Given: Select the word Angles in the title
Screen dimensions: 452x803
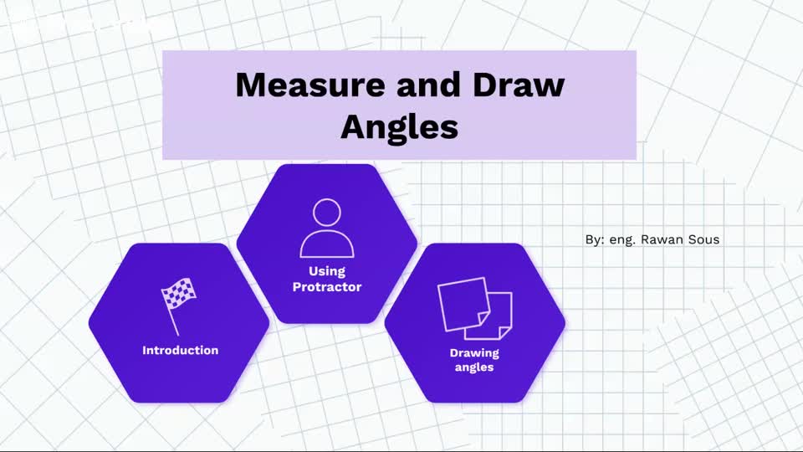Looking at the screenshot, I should [x=400, y=127].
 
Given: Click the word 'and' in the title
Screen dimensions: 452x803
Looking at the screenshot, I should [x=416, y=85].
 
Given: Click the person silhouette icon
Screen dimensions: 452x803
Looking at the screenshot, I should [x=327, y=228].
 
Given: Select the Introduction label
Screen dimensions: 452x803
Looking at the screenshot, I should [x=180, y=350].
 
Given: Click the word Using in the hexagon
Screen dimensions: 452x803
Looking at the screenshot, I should [x=327, y=271].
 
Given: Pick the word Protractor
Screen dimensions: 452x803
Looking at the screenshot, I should [x=327, y=287].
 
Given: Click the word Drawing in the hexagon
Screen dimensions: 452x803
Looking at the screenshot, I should [x=474, y=352].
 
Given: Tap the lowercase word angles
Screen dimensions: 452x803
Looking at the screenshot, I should [x=474, y=367].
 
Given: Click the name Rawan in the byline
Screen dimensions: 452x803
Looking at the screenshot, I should [x=663, y=239].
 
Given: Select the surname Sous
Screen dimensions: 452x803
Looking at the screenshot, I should [x=704, y=239].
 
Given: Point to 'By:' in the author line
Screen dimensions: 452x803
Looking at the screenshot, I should [x=595, y=239].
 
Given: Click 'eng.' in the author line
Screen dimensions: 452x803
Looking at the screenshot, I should [x=623, y=240].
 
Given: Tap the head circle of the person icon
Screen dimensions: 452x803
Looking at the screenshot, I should [x=327, y=211].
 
